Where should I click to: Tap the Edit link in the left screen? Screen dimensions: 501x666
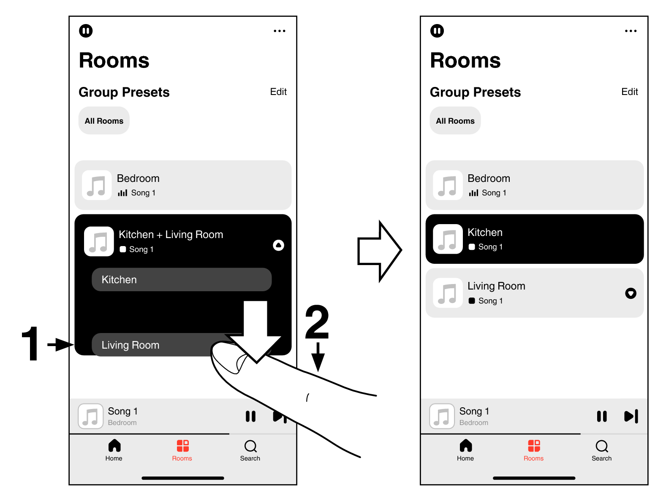[278, 92]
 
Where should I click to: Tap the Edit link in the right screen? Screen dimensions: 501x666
[629, 92]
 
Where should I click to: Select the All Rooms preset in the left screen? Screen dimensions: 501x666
[104, 121]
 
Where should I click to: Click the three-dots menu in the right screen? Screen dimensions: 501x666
[631, 31]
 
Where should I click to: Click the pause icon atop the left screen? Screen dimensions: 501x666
[86, 31]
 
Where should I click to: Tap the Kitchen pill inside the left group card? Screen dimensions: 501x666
[181, 279]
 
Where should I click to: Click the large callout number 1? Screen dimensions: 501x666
[31, 344]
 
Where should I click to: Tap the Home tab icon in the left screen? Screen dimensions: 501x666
[114, 446]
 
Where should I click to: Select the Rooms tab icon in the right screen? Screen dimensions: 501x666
[534, 446]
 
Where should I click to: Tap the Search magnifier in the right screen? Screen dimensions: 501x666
[601, 446]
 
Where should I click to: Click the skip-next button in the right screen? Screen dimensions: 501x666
[631, 416]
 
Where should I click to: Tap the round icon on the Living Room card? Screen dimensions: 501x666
[631, 293]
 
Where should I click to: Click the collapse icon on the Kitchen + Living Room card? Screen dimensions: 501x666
[278, 245]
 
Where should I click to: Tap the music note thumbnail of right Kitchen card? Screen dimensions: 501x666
[448, 239]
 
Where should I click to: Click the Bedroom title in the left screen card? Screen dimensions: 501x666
[138, 179]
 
